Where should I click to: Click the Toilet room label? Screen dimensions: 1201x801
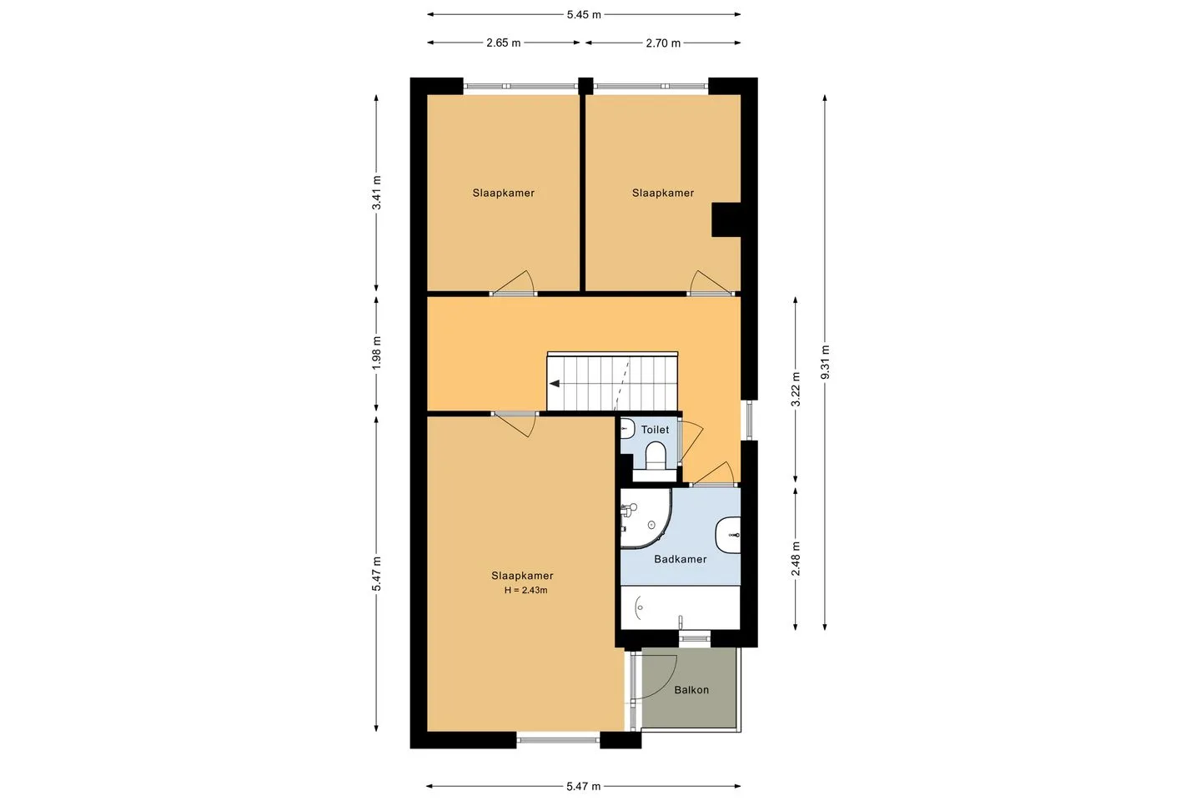tap(655, 430)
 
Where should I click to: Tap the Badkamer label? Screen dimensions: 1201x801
tap(681, 559)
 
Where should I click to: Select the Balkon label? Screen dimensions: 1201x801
tap(691, 690)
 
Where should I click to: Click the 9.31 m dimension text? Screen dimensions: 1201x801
tap(825, 362)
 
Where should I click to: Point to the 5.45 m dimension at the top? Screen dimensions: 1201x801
tap(584, 14)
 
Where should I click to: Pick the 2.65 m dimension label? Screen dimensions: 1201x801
tap(504, 43)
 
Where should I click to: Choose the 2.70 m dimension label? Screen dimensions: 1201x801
tap(663, 43)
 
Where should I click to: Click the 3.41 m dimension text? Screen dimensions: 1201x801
tap(376, 193)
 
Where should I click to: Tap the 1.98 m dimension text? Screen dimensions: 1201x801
tap(376, 352)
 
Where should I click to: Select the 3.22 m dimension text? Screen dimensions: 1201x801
tap(796, 389)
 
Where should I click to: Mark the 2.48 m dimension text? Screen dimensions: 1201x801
tap(796, 558)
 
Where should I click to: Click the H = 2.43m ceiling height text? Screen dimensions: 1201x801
tap(525, 590)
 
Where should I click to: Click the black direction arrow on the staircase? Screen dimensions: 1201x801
tap(555, 384)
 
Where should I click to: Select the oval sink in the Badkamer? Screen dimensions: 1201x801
tap(728, 535)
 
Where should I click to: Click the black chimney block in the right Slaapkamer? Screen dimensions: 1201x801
tap(726, 219)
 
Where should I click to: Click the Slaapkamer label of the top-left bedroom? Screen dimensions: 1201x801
tap(504, 193)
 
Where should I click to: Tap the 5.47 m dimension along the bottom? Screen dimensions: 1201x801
tap(584, 786)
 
